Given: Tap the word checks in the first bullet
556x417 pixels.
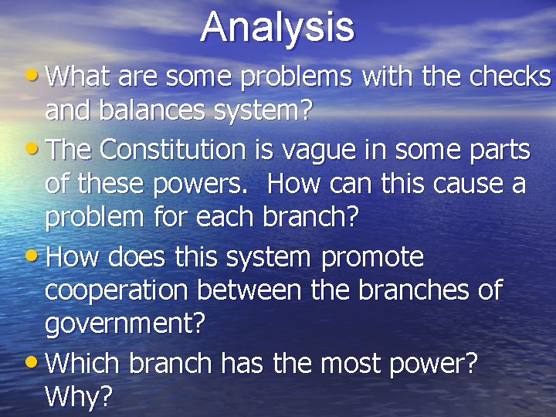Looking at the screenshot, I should (x=513, y=77).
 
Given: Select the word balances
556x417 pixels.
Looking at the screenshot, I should (x=153, y=111).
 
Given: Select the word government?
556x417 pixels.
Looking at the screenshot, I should (x=126, y=325).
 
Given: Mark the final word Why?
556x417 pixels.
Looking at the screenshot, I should (x=79, y=397).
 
